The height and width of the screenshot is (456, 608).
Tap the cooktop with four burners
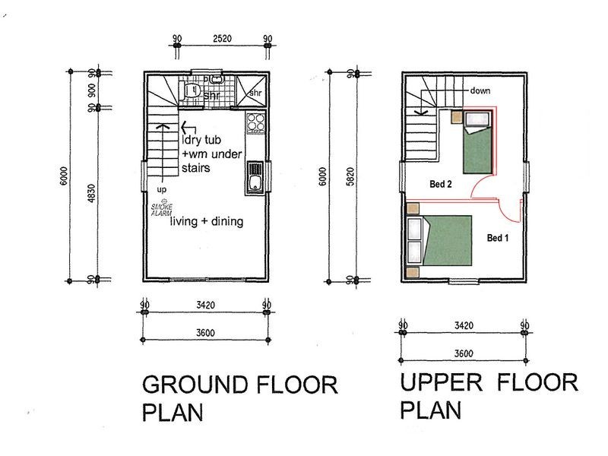coord(255,122)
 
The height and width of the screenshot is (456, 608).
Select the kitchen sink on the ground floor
coord(255,178)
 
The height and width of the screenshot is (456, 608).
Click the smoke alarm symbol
coord(162,207)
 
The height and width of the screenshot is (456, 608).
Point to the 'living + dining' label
coord(207,221)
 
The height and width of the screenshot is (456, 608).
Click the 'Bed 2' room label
coord(441,184)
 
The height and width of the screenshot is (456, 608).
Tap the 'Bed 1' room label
coord(498,238)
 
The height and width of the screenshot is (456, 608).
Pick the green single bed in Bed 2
coord(478,142)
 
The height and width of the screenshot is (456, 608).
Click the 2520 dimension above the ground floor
coord(222,39)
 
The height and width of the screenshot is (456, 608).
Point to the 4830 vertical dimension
coord(91,193)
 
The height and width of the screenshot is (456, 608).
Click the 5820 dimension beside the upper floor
coord(350,177)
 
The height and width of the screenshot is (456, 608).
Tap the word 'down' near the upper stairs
coord(480,90)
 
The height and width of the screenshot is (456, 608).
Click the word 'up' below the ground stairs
coord(162,189)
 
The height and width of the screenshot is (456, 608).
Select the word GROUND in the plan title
coord(195,385)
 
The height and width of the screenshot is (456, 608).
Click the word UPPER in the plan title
coord(442,382)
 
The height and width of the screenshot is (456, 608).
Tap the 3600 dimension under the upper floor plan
coord(464,353)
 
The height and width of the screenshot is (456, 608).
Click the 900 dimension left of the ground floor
coord(92,90)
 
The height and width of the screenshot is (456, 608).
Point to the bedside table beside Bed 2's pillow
coord(456,117)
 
